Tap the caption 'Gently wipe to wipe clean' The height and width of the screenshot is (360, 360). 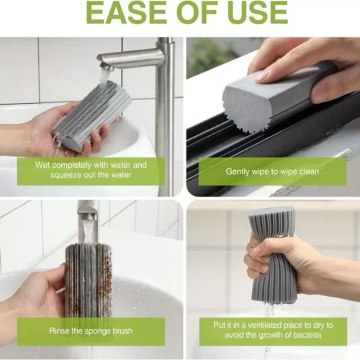click(x=272, y=171)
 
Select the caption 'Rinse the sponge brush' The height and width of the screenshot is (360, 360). click(x=90, y=330)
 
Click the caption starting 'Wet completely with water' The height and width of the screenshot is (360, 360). click(x=91, y=170)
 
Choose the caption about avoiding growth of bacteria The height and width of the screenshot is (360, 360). click(x=273, y=330)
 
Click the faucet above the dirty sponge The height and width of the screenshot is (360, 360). click(x=87, y=216)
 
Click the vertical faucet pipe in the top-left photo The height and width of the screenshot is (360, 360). click(x=165, y=108)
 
